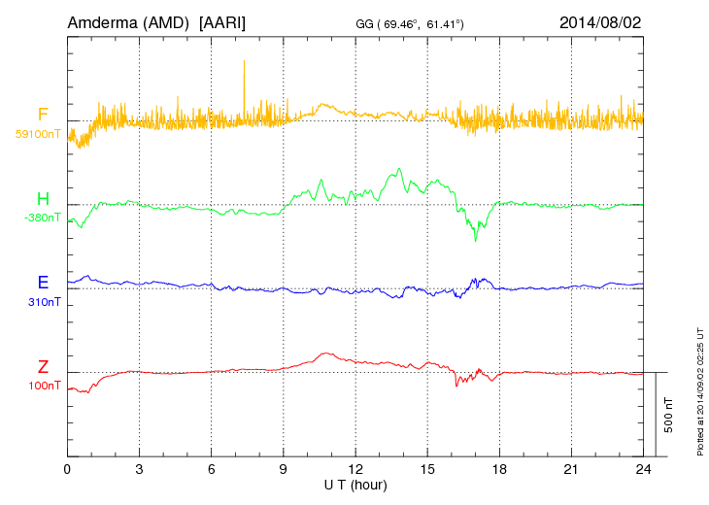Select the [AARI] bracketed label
[x=223, y=21]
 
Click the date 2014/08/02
[x=600, y=21]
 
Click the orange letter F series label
[x=43, y=116]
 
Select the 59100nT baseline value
[x=37, y=134]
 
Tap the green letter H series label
[x=43, y=199]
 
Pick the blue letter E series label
[x=43, y=283]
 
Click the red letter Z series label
[x=43, y=367]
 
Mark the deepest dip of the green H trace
[x=475, y=238]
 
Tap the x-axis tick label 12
[x=355, y=469]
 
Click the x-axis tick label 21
[x=572, y=469]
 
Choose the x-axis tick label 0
[x=67, y=469]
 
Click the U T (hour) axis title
[x=355, y=484]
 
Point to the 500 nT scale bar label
[x=668, y=415]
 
